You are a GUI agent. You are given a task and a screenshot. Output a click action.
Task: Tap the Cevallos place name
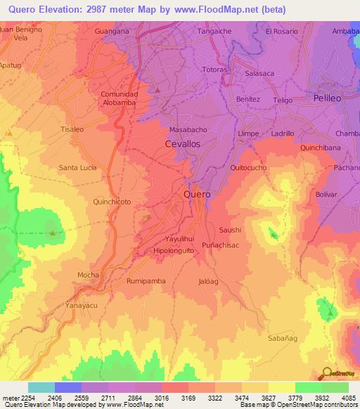[182, 143]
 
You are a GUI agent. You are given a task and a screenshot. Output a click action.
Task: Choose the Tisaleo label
[72, 129]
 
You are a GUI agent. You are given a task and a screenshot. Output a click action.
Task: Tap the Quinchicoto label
[112, 201]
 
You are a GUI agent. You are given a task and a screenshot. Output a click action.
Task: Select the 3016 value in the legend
[161, 398]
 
